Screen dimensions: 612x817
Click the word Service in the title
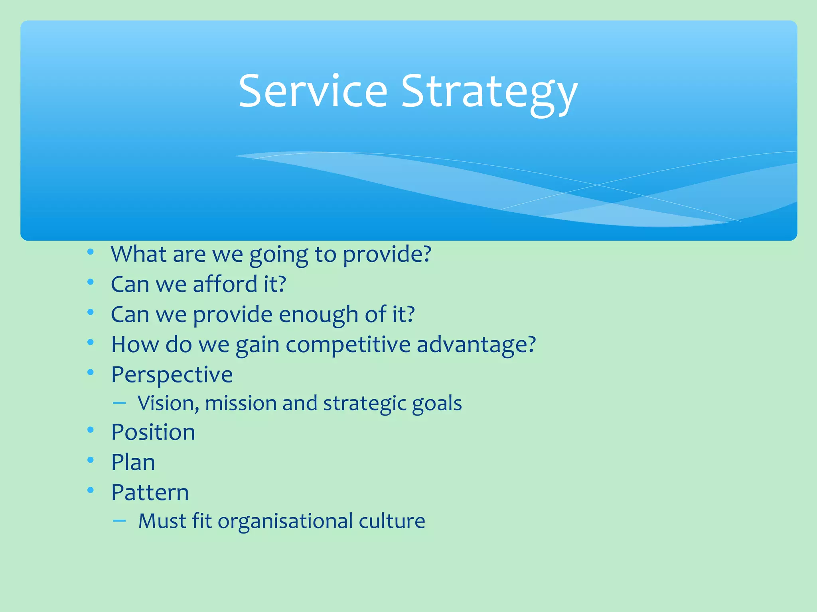[313, 92]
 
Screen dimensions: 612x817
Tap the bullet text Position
[153, 432]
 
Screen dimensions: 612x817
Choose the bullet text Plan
[133, 463]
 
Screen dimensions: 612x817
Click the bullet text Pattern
[150, 493]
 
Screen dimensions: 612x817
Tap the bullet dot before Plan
[91, 460]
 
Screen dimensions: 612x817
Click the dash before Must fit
[119, 520]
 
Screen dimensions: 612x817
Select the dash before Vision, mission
[119, 403]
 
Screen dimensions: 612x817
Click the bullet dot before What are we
[91, 252]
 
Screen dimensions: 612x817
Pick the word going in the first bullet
[278, 255]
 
